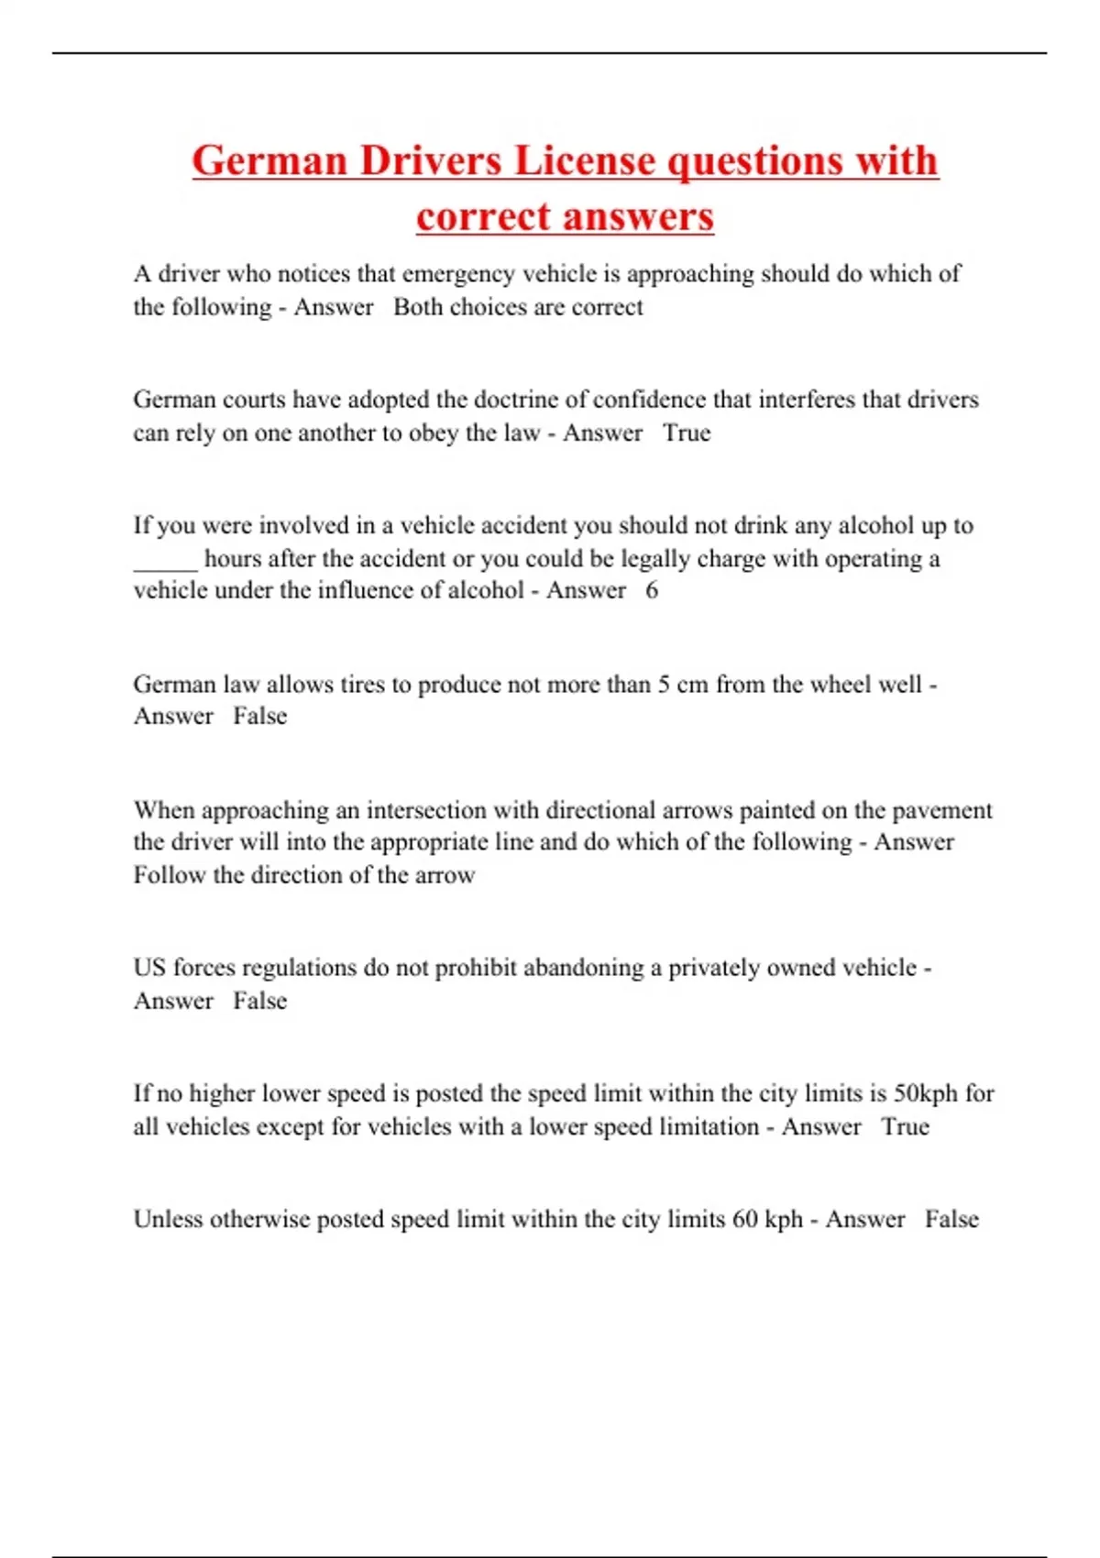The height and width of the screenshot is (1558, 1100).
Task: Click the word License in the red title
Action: point(584,160)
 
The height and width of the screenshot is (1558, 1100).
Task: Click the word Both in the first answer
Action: point(418,307)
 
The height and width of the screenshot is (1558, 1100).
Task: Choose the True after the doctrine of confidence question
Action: point(687,433)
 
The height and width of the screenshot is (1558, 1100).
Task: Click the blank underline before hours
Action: point(165,559)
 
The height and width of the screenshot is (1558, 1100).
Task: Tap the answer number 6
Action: point(651,590)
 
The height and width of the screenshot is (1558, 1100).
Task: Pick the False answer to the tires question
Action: point(259,716)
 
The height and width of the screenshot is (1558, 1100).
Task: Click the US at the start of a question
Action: point(148,968)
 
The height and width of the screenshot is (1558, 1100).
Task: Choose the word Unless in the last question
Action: point(168,1220)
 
